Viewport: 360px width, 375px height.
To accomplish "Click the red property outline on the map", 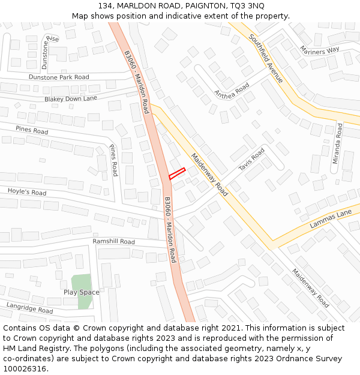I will pyautogui.click(x=176, y=173).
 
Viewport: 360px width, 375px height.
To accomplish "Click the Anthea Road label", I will pyautogui.click(x=232, y=92).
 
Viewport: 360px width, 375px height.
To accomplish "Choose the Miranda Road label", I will pyautogui.click(x=339, y=139).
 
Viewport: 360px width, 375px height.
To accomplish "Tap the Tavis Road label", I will pyautogui.click(x=251, y=160).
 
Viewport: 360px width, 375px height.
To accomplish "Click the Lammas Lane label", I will pyautogui.click(x=331, y=219).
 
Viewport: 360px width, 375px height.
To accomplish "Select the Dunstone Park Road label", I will pyautogui.click(x=59, y=77).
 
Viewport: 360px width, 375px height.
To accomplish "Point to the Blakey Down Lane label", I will pyautogui.click(x=70, y=98).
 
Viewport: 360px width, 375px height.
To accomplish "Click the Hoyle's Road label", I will pyautogui.click(x=27, y=192).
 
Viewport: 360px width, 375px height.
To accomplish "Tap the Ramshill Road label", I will pyautogui.click(x=113, y=241).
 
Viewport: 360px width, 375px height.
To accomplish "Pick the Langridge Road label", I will pyautogui.click(x=30, y=308).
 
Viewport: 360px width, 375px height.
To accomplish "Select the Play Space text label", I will pyautogui.click(x=82, y=292).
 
